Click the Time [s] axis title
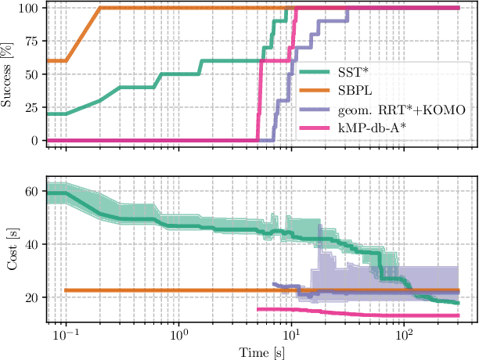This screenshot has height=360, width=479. pyautogui.click(x=258, y=351)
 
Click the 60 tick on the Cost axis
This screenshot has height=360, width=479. pyautogui.click(x=33, y=190)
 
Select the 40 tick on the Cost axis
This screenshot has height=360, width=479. pyautogui.click(x=33, y=244)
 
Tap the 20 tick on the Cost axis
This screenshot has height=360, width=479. pyautogui.click(x=33, y=297)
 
